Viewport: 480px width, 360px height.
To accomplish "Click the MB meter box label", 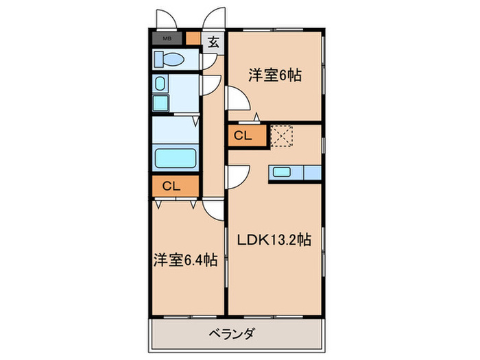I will point(167,39).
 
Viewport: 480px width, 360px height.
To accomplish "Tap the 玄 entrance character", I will point(213,42).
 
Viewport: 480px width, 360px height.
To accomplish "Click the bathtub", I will point(176,158).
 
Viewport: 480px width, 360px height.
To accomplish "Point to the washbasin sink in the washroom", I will point(160,85).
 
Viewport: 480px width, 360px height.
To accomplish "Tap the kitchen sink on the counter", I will point(283,172).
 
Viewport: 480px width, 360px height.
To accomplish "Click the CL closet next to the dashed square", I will point(243,136).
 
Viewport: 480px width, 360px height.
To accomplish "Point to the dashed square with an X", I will point(281,136).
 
